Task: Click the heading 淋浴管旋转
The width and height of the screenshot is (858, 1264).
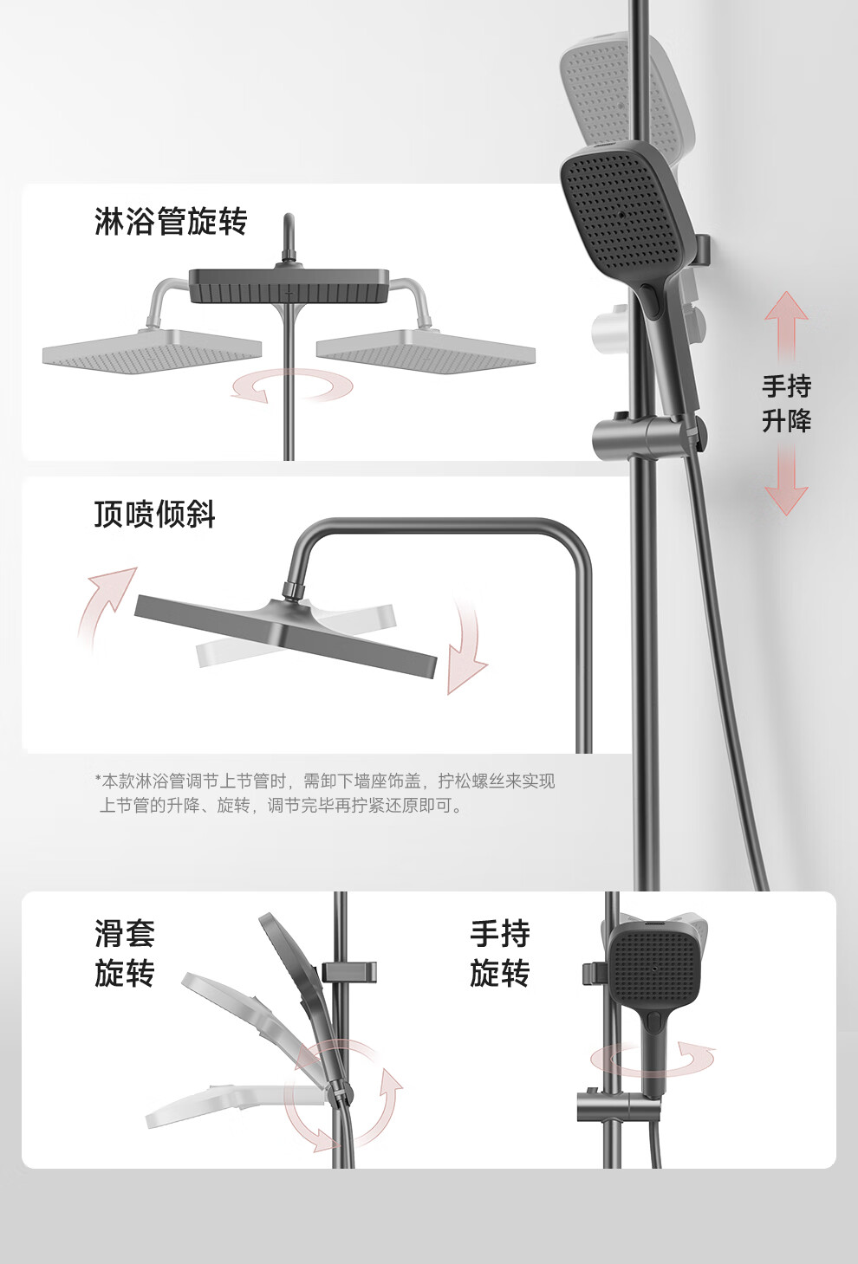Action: [x=171, y=221]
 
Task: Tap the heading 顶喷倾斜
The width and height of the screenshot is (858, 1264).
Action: [x=154, y=514]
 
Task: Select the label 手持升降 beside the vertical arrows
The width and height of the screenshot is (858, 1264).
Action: [x=786, y=404]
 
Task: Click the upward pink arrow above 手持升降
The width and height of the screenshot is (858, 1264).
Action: [x=786, y=327]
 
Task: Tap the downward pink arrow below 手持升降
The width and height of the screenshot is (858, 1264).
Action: [x=786, y=480]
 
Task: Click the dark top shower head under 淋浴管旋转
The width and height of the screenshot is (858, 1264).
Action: [x=289, y=285]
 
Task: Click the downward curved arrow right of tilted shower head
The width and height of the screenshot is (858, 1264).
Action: [x=467, y=649]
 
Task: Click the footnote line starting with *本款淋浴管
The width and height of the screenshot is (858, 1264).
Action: [x=325, y=781]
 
